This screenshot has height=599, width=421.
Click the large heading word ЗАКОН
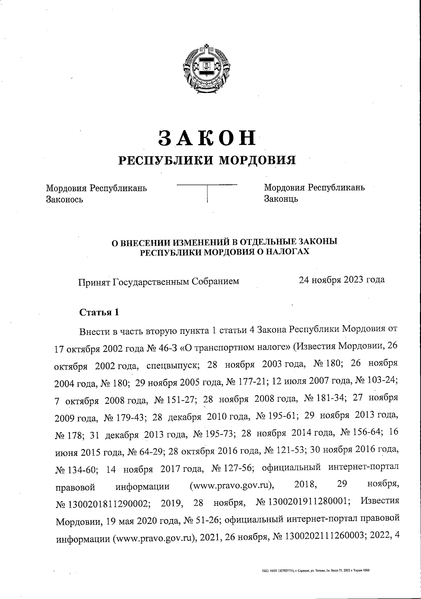pyautogui.click(x=208, y=138)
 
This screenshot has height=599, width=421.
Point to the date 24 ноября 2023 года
pyautogui.click(x=341, y=280)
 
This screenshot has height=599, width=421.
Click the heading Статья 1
pyautogui.click(x=99, y=312)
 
